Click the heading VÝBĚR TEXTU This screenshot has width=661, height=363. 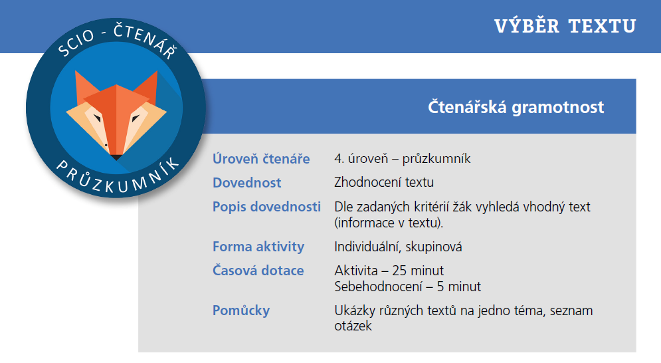[x=565, y=26]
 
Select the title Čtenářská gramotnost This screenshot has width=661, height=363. [x=516, y=107]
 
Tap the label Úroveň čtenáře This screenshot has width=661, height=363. [x=261, y=159]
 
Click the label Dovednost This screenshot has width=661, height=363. [x=246, y=183]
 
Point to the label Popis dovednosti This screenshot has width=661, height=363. [x=266, y=207]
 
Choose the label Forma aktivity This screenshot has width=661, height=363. [x=258, y=247]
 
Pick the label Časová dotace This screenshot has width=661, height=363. [x=258, y=271]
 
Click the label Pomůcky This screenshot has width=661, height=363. [x=241, y=310]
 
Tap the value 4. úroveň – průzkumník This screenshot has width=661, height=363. [x=403, y=159]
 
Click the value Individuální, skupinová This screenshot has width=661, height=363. [x=398, y=247]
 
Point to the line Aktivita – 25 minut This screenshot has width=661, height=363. [x=389, y=271]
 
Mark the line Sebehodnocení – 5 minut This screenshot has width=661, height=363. [x=407, y=287]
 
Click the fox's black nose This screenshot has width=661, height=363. [x=116, y=157]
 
